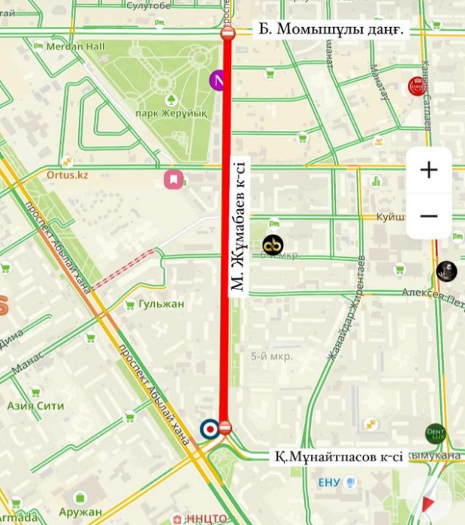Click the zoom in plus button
pyautogui.click(x=429, y=170)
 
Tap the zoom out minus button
pyautogui.click(x=429, y=216)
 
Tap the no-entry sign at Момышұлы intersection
pyautogui.click(x=228, y=33)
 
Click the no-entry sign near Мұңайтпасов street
pyautogui.click(x=225, y=428)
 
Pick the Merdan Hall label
pyautogui.click(x=75, y=46)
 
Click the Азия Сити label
pyautogui.click(x=35, y=406)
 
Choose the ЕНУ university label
pyautogui.click(x=329, y=481)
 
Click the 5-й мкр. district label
pyautogui.click(x=271, y=356)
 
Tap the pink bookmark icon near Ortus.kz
pyautogui.click(x=174, y=179)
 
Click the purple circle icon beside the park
pyautogui.click(x=219, y=79)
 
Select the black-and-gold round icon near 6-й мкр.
pyautogui.click(x=273, y=244)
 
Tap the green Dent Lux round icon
pyautogui.click(x=436, y=433)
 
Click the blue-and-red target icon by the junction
pyautogui.click(x=210, y=428)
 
